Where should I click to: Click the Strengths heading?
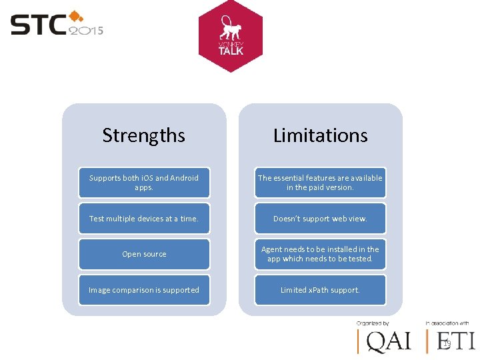point(144,135)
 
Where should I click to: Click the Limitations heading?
point(320,135)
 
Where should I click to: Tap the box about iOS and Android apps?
point(144,183)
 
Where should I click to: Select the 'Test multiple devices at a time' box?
point(144,219)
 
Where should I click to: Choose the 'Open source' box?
point(144,254)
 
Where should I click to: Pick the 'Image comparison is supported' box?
point(144,290)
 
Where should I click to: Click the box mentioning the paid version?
point(320,183)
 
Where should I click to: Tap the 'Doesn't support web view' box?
point(320,219)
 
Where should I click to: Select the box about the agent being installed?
point(320,254)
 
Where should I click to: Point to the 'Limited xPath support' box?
point(320,290)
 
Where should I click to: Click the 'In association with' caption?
point(447,323)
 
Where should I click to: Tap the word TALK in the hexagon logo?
point(231,51)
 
